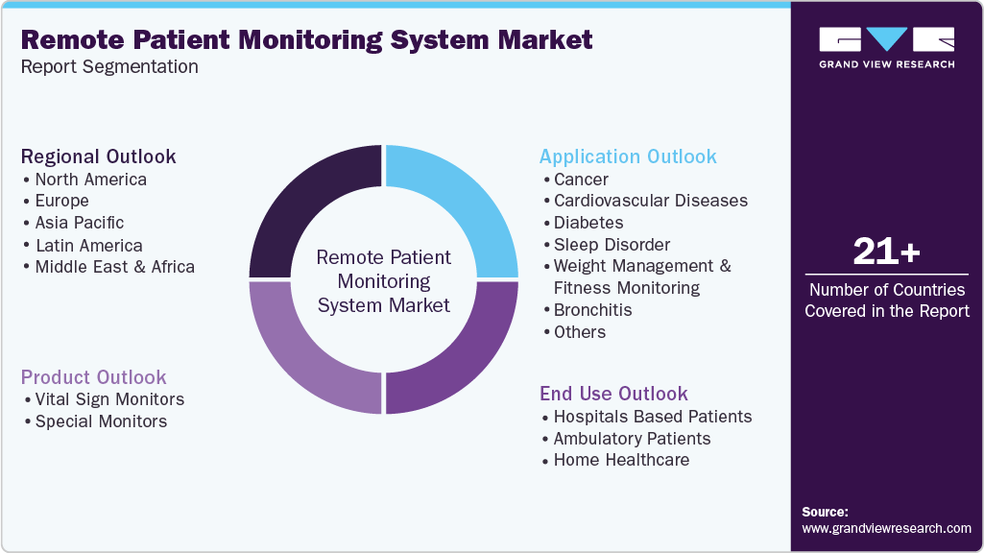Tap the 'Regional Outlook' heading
[99, 156]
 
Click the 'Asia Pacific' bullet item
[80, 223]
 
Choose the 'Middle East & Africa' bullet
[114, 267]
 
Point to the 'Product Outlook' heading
[94, 377]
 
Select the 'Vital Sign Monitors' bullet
[109, 399]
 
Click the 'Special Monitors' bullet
[101, 421]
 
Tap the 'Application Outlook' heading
[628, 156]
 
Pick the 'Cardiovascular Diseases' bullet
[650, 201]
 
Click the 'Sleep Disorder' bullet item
[612, 245]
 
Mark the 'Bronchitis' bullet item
[592, 310]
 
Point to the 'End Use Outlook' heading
[613, 394]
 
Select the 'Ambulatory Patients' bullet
[632, 439]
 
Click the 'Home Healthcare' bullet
[621, 460]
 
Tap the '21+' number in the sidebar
[886, 252]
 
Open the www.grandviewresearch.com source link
[886, 528]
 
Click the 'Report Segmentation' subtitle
[109, 67]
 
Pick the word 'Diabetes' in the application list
[588, 223]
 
